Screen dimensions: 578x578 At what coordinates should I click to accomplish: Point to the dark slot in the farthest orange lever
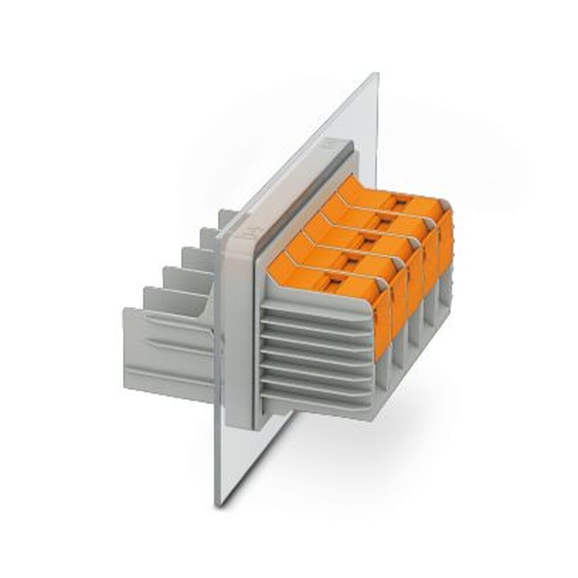coord(399,202)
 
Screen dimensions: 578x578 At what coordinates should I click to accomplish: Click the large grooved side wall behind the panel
coord(168,347)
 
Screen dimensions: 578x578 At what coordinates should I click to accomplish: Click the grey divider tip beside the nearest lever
coord(383,284)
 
